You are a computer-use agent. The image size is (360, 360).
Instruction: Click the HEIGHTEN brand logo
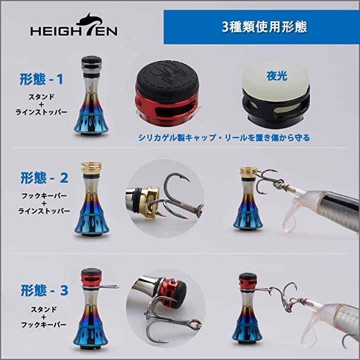click(x=74, y=25)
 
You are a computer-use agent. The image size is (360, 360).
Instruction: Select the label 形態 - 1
click(x=41, y=79)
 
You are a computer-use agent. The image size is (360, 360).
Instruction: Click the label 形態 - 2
click(x=44, y=178)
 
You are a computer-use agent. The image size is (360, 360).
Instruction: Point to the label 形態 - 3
click(x=44, y=290)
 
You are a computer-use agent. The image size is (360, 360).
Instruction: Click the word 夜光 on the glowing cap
click(x=276, y=76)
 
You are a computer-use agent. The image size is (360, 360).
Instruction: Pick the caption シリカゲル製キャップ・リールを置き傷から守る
click(x=224, y=137)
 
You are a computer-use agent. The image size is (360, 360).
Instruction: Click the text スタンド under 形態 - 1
click(x=41, y=97)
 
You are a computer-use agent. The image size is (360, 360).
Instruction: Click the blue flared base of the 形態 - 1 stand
click(x=91, y=120)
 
